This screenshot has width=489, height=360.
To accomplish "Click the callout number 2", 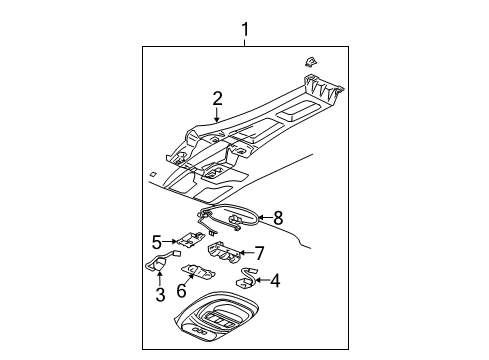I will pos(217,98).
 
